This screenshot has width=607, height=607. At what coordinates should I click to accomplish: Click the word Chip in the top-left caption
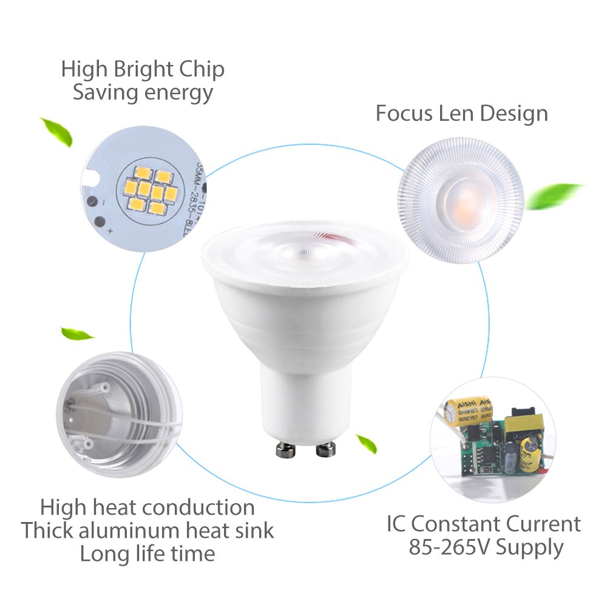pos(202,69)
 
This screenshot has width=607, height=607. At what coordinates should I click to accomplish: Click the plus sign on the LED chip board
pos(110,231)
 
